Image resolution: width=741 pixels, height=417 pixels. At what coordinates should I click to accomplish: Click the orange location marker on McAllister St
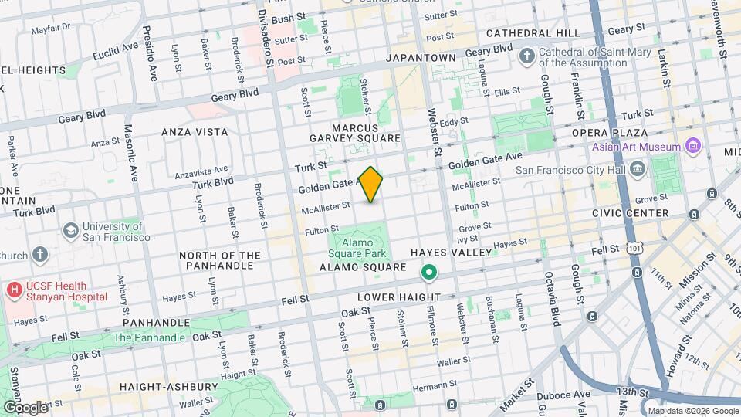point(371,185)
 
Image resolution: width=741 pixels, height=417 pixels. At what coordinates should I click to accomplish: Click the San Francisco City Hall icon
point(637,169)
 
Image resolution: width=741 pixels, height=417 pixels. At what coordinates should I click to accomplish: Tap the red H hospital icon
point(14,290)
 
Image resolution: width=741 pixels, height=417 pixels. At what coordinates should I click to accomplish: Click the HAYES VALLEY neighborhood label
point(451,253)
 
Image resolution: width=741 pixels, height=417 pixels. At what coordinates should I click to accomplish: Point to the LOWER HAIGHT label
point(398,297)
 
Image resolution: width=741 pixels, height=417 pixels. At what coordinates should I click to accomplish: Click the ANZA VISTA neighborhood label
point(195,132)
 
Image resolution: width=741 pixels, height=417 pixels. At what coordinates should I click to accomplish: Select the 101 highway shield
point(634,249)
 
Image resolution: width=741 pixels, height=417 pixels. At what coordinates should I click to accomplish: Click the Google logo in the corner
point(25,407)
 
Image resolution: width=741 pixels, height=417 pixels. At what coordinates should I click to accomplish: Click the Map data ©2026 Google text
point(692,411)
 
